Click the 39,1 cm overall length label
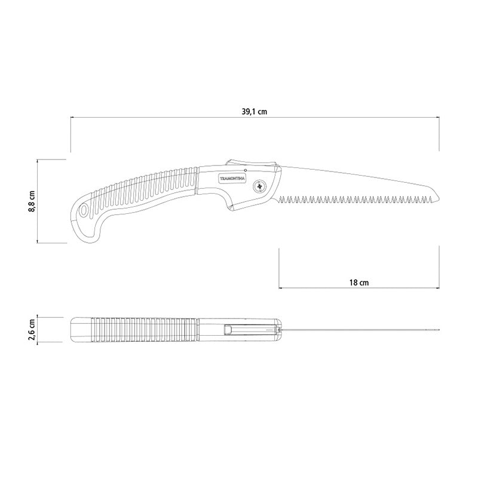tap(255, 111)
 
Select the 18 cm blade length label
tap(358, 281)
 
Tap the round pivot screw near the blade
tap(261, 186)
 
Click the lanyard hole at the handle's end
tap(82, 212)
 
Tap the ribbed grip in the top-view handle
tap(143, 329)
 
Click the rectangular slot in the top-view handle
tap(228, 329)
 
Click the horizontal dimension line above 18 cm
tap(358, 289)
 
